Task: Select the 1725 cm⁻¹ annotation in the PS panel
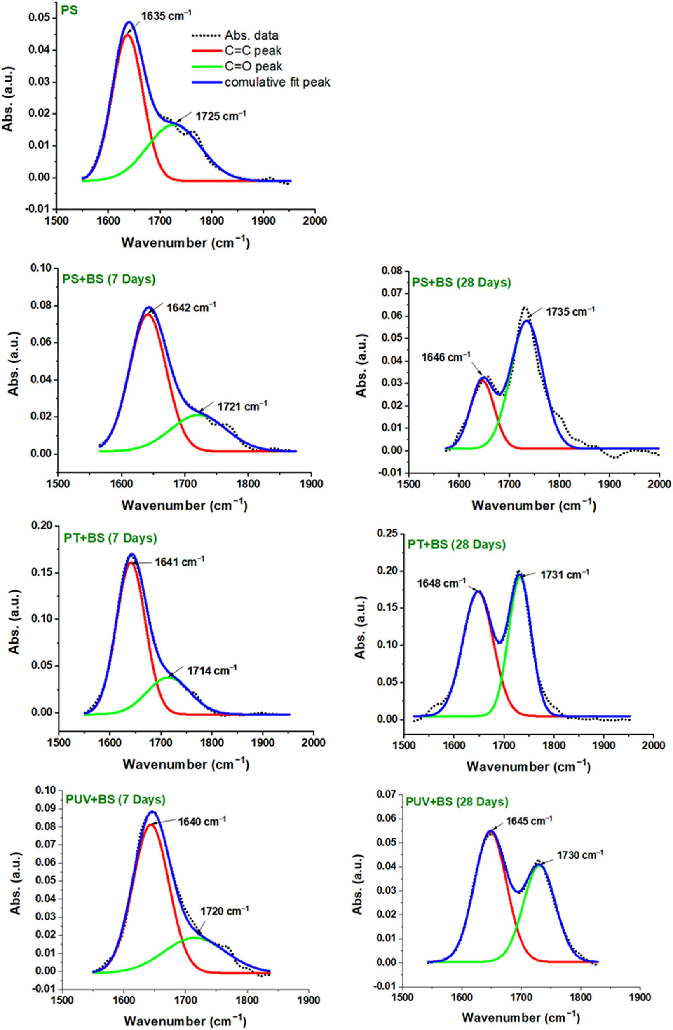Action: pos(221,116)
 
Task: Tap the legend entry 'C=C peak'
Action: pos(253,51)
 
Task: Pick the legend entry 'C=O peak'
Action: pos(253,67)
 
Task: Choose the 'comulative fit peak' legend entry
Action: pos(277,82)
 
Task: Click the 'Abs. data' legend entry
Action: pos(251,35)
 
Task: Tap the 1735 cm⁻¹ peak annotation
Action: pos(570,311)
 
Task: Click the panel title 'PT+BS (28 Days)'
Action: pos(457,544)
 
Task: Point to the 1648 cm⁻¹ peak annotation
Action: pos(441,583)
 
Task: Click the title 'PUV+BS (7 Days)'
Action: pos(115,799)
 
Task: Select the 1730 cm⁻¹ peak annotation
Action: pos(580,855)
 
